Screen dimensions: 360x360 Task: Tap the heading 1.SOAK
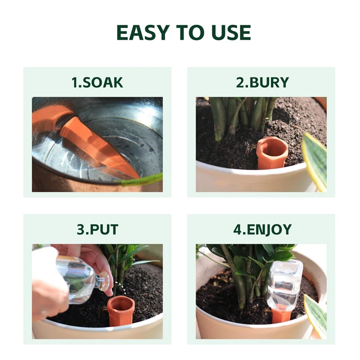coord(97,82)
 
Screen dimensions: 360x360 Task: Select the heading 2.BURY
coord(262,82)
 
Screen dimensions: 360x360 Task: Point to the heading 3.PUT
coord(97,229)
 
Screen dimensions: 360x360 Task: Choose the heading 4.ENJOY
coord(262,229)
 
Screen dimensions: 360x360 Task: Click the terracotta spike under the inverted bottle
coord(281,315)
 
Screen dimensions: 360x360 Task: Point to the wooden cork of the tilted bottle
coord(104,281)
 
